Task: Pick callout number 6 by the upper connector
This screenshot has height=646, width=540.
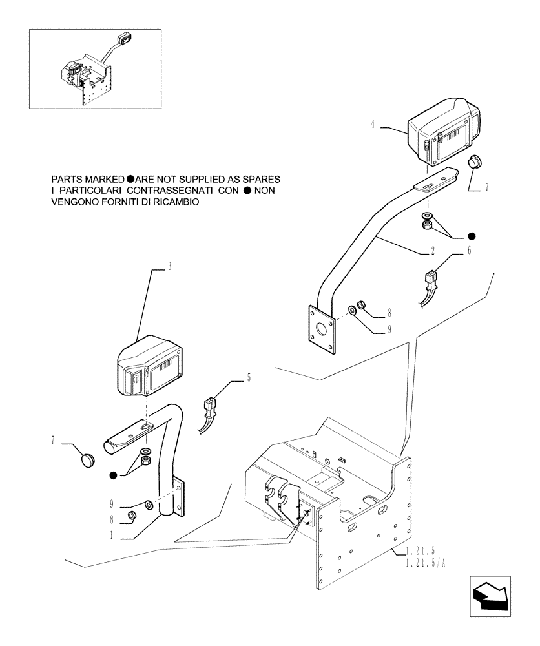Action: pyautogui.click(x=470, y=249)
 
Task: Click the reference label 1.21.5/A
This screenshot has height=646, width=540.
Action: pyautogui.click(x=426, y=563)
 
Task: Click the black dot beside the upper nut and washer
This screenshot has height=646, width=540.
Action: pyautogui.click(x=473, y=236)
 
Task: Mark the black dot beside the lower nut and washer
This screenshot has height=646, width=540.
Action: pyautogui.click(x=114, y=476)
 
